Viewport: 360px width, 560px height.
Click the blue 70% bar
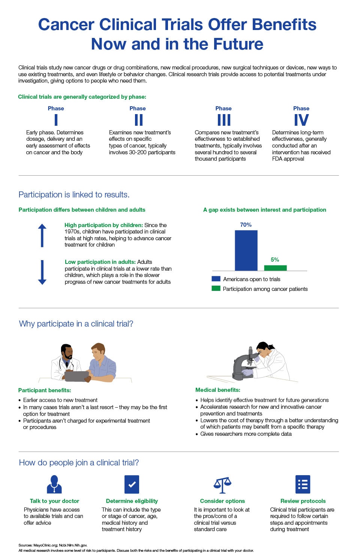(246, 250)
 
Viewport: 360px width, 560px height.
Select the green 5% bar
(275, 268)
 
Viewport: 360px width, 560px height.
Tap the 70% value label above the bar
(246, 224)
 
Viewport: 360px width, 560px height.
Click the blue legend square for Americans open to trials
(216, 279)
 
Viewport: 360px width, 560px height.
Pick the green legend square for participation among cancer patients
(216, 289)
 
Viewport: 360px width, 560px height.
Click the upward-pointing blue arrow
(42, 235)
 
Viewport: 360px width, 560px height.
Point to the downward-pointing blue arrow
(42, 272)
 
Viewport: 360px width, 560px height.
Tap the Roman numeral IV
(301, 120)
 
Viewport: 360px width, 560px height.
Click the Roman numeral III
(224, 120)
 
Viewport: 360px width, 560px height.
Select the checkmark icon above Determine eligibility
(132, 484)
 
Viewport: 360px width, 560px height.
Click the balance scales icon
(222, 485)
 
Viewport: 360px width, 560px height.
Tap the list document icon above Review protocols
(303, 484)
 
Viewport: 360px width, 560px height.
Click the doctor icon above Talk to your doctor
(54, 484)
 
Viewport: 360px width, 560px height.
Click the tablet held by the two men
(77, 376)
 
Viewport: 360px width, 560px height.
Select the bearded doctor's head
(67, 352)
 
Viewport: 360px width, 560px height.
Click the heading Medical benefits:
(218, 390)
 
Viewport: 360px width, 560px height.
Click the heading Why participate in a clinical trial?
(76, 324)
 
